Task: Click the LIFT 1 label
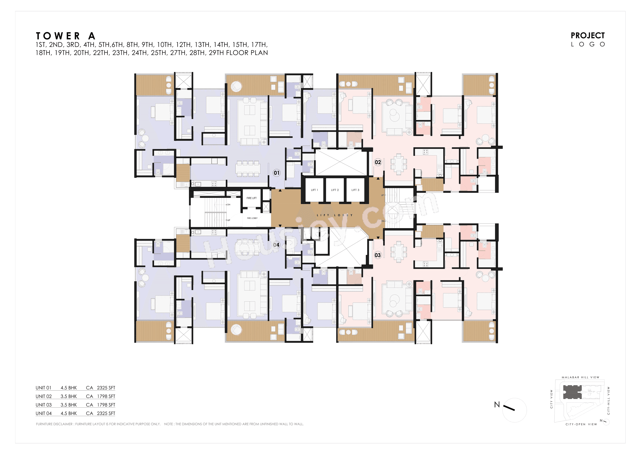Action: [x=314, y=190]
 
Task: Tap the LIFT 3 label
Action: [x=355, y=190]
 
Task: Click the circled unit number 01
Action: [x=276, y=173]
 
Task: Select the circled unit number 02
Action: [x=378, y=162]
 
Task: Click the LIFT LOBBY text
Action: [x=335, y=215]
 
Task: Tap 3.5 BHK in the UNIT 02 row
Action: [x=69, y=396]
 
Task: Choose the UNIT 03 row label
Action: [x=44, y=405]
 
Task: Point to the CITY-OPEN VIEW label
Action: [x=581, y=424]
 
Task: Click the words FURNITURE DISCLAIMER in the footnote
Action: [x=54, y=424]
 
